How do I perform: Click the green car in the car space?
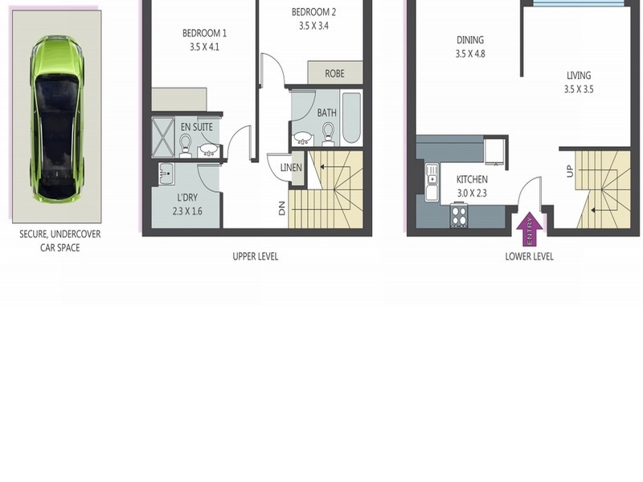click(x=57, y=119)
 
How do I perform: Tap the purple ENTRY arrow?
click(x=530, y=229)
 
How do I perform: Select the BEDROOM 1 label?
click(x=204, y=33)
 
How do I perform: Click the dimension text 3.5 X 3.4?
click(x=313, y=27)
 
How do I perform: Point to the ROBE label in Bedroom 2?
click(x=334, y=74)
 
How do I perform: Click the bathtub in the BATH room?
click(x=351, y=118)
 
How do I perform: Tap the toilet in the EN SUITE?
click(x=186, y=145)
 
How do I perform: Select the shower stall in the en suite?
click(x=163, y=137)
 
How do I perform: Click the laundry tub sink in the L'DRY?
click(x=166, y=174)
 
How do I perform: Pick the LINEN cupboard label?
click(x=291, y=168)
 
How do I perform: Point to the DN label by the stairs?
click(x=282, y=209)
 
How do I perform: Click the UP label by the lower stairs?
click(x=570, y=171)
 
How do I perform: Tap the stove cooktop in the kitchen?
click(x=459, y=215)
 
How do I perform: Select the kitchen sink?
click(x=432, y=182)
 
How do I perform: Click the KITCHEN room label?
click(x=472, y=179)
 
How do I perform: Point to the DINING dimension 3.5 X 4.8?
click(x=470, y=54)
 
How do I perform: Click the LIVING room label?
click(x=579, y=76)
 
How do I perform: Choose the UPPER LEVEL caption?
click(x=256, y=256)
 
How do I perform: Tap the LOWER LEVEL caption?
click(x=530, y=256)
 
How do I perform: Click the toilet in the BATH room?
click(x=328, y=135)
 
